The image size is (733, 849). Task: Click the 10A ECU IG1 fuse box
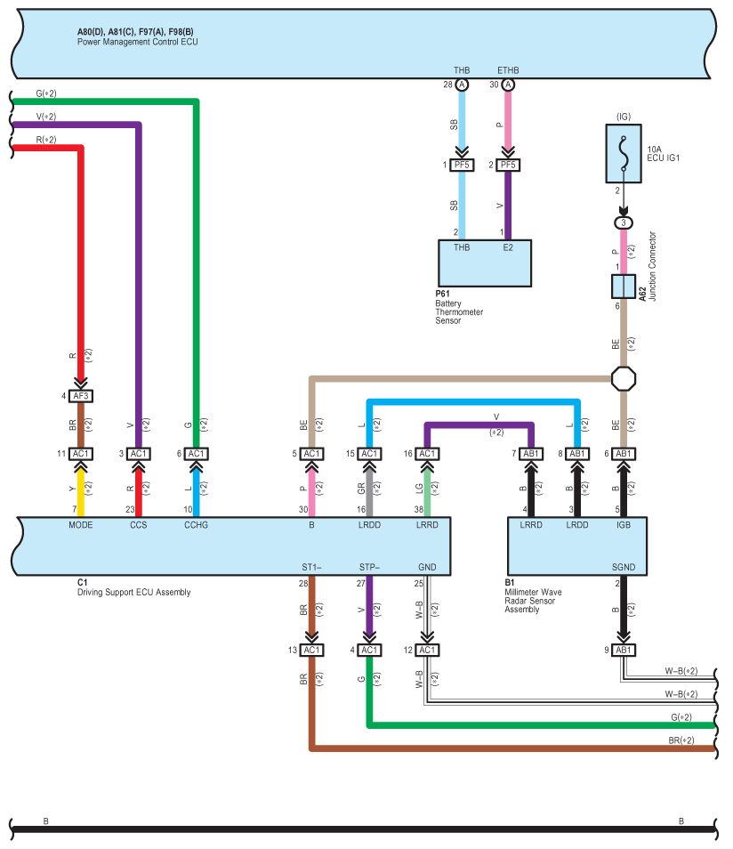623,153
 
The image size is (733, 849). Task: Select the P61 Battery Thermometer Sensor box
485,263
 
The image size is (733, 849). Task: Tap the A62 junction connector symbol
623,287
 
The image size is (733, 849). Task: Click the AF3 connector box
81,396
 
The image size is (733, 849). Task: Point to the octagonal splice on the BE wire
623,378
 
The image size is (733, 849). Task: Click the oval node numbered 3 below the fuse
623,222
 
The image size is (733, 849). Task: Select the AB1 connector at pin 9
623,650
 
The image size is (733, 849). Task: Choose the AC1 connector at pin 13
311,650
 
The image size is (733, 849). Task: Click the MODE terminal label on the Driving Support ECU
81,525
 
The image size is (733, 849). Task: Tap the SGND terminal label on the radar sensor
623,567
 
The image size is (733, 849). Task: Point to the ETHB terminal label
508,70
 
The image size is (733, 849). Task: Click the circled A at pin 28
461,85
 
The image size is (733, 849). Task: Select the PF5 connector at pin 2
508,165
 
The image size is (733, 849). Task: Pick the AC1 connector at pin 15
369,453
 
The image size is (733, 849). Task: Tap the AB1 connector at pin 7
530,453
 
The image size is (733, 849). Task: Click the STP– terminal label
369,567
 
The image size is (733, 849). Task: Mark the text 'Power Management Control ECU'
138,42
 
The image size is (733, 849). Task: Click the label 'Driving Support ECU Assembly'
133,592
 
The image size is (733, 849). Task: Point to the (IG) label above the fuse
623,117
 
